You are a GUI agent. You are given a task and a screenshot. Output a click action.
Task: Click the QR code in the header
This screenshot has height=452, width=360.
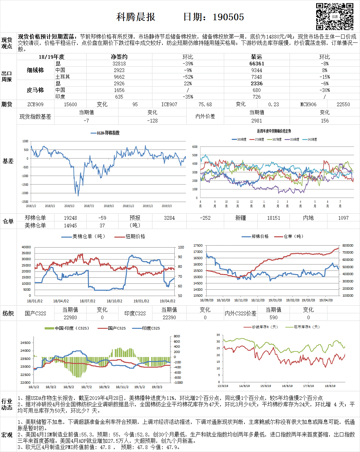(x=334, y=17)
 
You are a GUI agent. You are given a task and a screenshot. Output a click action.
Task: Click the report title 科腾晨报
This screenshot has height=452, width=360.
(x=136, y=17)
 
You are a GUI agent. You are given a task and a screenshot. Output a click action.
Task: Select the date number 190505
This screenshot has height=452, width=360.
(x=228, y=17)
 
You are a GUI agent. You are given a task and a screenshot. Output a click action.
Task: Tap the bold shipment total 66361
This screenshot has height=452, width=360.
(x=257, y=63)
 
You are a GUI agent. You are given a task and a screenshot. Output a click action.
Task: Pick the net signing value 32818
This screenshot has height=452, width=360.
(x=119, y=63)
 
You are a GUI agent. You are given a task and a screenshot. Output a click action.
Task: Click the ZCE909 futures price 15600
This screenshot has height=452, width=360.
(x=70, y=104)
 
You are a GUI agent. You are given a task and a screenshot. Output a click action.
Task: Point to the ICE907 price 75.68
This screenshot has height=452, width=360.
(x=205, y=104)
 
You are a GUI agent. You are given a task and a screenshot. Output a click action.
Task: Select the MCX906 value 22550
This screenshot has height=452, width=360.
(x=343, y=104)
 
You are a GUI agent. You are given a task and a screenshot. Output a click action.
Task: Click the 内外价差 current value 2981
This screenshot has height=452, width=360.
(x=256, y=121)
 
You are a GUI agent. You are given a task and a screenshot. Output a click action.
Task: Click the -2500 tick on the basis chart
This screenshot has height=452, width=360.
(x=25, y=202)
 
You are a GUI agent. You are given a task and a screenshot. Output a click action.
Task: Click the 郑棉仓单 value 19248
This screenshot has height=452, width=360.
(x=70, y=218)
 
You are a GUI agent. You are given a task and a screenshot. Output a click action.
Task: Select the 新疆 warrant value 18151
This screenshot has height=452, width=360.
(x=274, y=218)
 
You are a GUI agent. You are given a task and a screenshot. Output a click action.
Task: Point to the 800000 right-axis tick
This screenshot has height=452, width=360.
(x=348, y=246)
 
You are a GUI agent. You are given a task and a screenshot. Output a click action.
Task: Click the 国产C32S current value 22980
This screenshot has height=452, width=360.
(x=70, y=317)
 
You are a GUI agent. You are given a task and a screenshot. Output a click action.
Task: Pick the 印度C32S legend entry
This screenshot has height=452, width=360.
(x=151, y=328)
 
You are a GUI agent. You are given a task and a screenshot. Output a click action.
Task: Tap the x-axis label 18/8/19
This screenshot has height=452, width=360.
(x=330, y=386)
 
